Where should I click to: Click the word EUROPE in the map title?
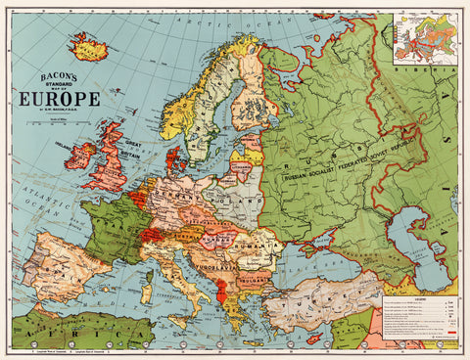pyautogui.click(x=59, y=98)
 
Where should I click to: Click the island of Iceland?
pyautogui.click(x=88, y=46)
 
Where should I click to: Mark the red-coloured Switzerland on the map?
pyautogui.click(x=152, y=234)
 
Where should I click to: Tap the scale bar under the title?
pyautogui.click(x=59, y=121)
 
